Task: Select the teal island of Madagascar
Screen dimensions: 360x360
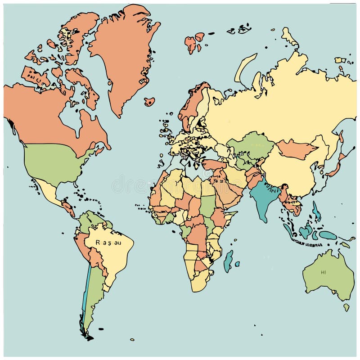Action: point(229,261)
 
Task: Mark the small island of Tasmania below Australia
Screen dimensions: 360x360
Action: point(346,307)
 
